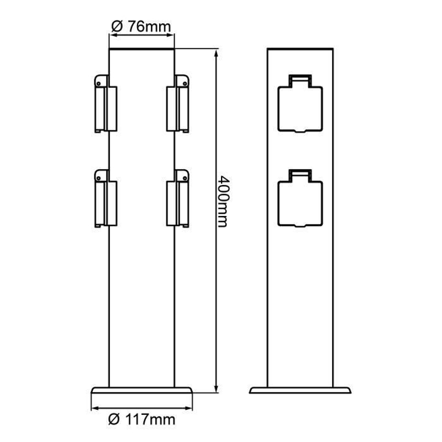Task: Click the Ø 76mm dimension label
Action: pos(141,26)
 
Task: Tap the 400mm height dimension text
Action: pos(223,201)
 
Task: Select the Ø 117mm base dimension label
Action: pos(143,420)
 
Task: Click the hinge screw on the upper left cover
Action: pos(99,82)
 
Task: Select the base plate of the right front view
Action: pos(300,390)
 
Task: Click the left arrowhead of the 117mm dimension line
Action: pos(94,408)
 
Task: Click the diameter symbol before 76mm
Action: pos(117,26)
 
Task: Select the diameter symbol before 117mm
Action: pos(114,420)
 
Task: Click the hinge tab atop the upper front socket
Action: pos(299,78)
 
